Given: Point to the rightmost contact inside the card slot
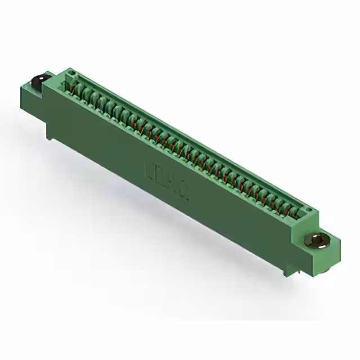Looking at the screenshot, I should pos(295,213).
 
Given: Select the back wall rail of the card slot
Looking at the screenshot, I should pos(191,141).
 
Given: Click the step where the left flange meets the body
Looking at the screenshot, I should pos(46,90).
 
